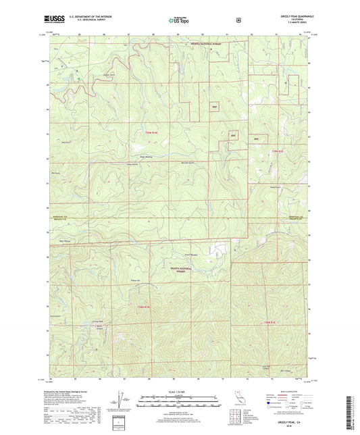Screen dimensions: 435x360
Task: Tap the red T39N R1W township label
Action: point(153,133)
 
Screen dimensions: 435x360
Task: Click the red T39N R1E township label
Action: point(278,151)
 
